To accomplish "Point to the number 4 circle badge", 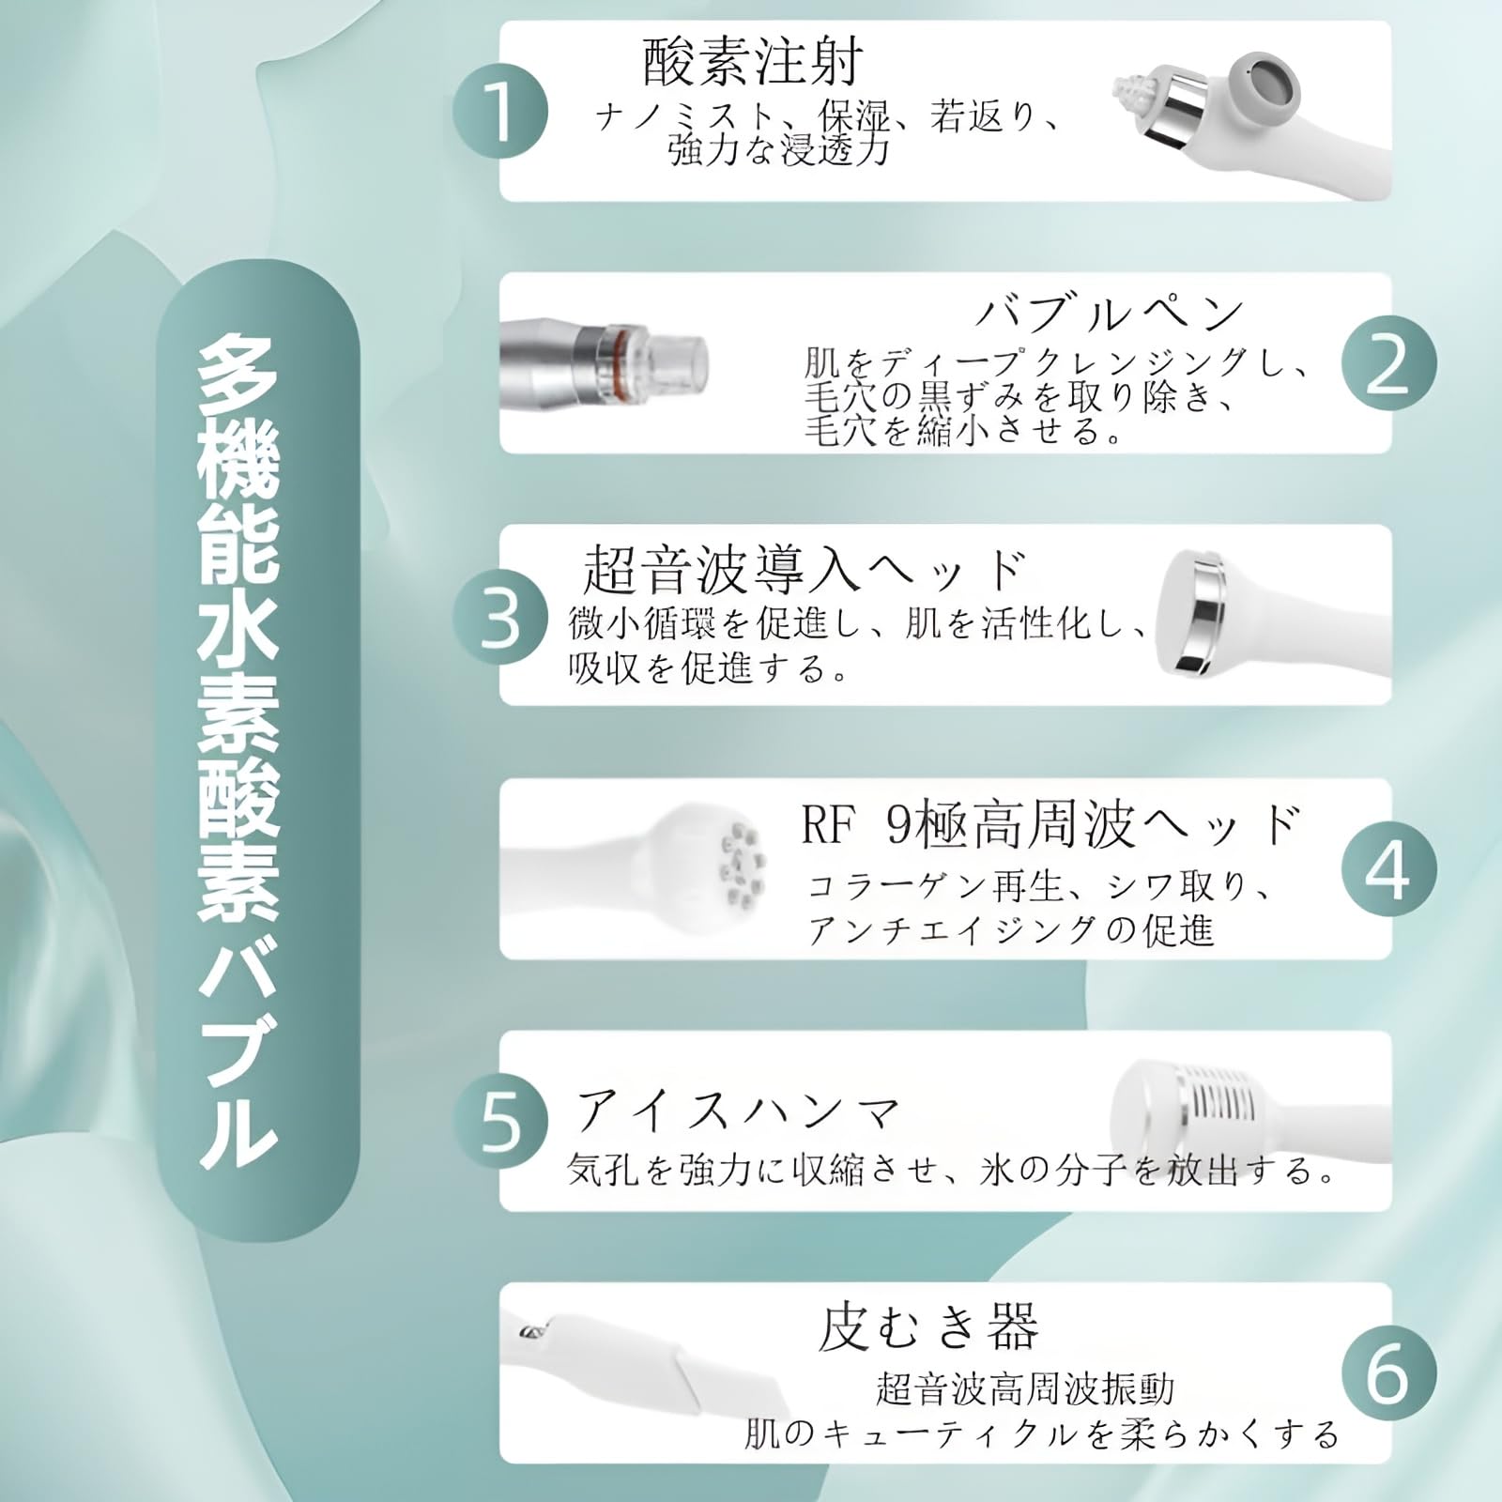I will pyautogui.click(x=1388, y=869).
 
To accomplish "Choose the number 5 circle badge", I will pyautogui.click(x=500, y=1122).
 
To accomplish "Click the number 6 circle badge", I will pyautogui.click(x=1388, y=1373).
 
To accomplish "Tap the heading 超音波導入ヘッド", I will pyautogui.click(x=804, y=569).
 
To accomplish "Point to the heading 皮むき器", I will pyautogui.click(x=928, y=1326).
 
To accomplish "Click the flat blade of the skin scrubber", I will pyautogui.click(x=723, y=1389).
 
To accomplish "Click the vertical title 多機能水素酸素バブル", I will pyautogui.click(x=239, y=751).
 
